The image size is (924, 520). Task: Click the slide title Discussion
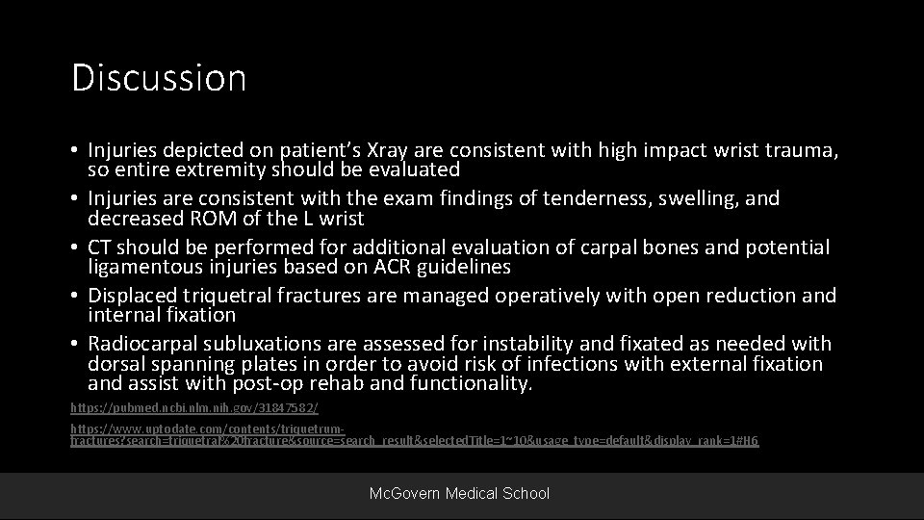pyautogui.click(x=159, y=78)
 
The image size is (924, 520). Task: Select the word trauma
pyautogui.click(x=809, y=150)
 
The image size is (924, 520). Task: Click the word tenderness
pyautogui.click(x=582, y=198)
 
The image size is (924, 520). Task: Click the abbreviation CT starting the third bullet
pyautogui.click(x=101, y=247)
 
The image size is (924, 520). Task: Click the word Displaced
pyautogui.click(x=132, y=295)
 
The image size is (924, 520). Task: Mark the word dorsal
pyautogui.click(x=115, y=364)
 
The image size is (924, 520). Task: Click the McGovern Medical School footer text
pyautogui.click(x=460, y=493)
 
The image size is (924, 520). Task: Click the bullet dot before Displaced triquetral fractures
pyautogui.click(x=75, y=296)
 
